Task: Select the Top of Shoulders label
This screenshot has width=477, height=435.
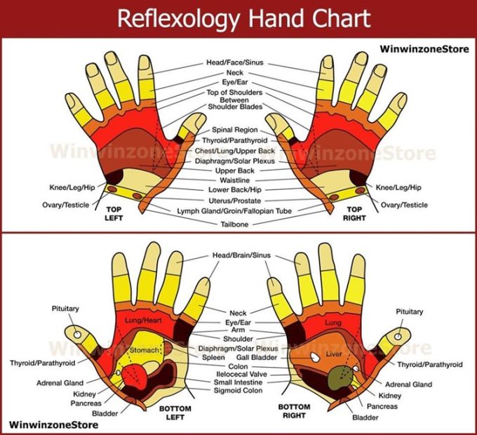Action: click(235, 93)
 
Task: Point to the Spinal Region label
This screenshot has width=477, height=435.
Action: click(235, 130)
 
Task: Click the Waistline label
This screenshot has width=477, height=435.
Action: click(234, 180)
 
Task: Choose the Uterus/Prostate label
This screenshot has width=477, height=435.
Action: click(234, 200)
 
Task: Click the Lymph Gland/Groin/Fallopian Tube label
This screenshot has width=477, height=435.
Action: click(234, 210)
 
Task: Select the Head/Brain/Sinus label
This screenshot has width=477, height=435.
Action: click(241, 255)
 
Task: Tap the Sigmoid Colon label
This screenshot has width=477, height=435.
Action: click(238, 391)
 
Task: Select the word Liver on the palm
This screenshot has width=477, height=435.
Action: click(333, 354)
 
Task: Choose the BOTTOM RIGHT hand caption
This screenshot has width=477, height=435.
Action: click(295, 412)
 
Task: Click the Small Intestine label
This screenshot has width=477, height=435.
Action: click(238, 382)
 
